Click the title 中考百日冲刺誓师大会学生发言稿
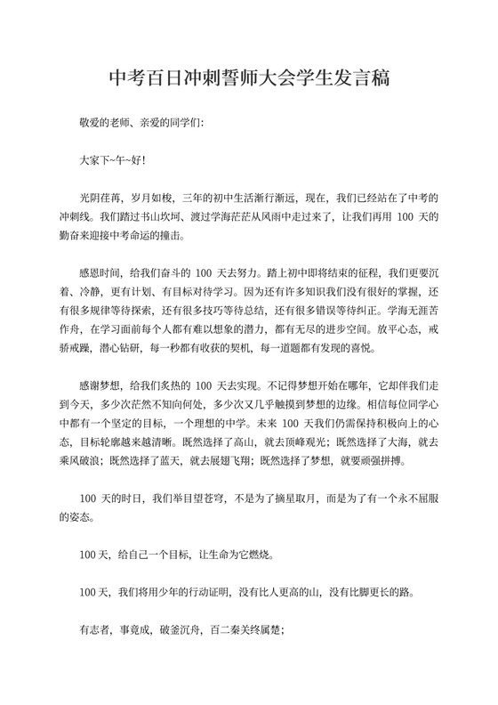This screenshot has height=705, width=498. [249, 79]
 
